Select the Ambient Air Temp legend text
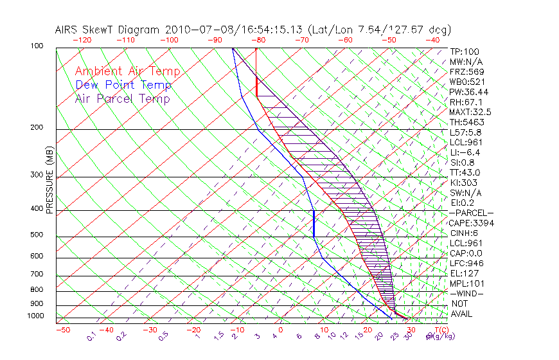point(127,71)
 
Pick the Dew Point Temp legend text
point(123,85)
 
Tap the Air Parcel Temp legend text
point(123,98)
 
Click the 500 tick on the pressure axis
point(37,235)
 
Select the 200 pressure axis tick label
point(37,127)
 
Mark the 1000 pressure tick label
point(35,316)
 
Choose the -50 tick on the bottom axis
point(62,330)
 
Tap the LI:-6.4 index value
point(464,152)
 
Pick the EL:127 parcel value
point(463,273)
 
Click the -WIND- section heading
point(467,293)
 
